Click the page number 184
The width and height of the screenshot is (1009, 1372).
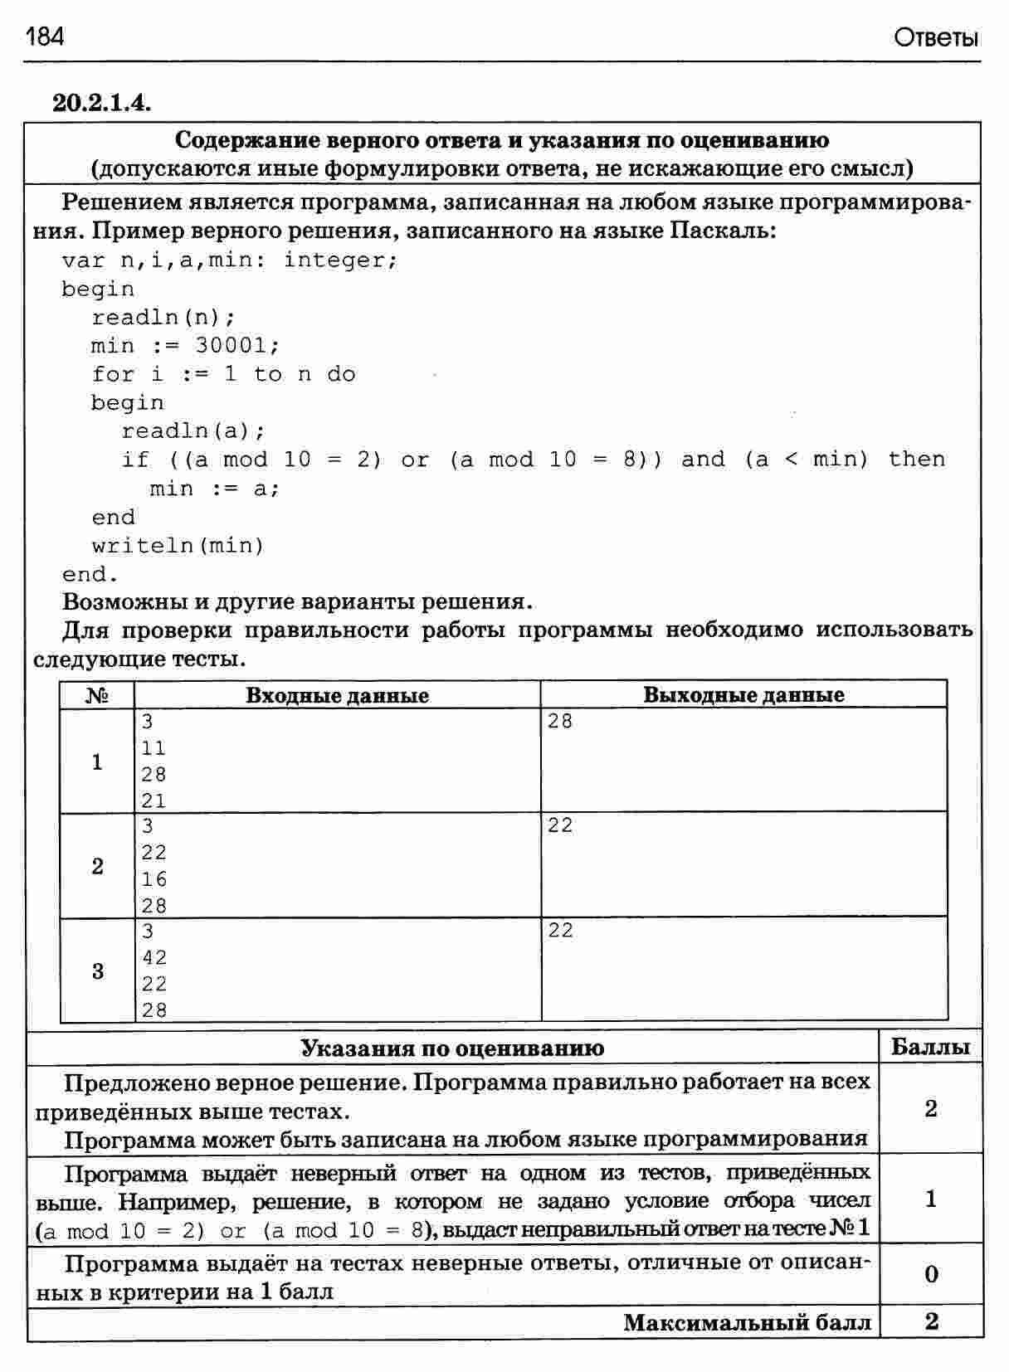pyautogui.click(x=45, y=37)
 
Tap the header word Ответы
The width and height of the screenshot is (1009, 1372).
pyautogui.click(x=936, y=38)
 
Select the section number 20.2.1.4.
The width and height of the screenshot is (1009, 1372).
pyautogui.click(x=101, y=103)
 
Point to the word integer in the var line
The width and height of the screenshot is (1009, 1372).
pyautogui.click(x=340, y=260)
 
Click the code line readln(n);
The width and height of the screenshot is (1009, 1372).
pyautogui.click(x=163, y=317)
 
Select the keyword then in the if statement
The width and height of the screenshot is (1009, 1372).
pyautogui.click(x=916, y=459)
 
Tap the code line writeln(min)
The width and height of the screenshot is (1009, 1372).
pyautogui.click(x=178, y=545)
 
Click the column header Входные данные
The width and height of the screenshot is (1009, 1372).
pyautogui.click(x=337, y=695)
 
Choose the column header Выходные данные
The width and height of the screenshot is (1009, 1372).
pyautogui.click(x=743, y=695)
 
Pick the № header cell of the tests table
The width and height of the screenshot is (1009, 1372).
pyautogui.click(x=97, y=695)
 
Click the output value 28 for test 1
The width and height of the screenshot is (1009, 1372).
pyautogui.click(x=560, y=721)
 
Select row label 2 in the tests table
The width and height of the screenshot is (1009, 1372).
pyautogui.click(x=97, y=866)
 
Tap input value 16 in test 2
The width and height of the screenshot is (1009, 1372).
pyautogui.click(x=154, y=879)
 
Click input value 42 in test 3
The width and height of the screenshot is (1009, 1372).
pyautogui.click(x=154, y=957)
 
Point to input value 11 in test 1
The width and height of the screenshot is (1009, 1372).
pyautogui.click(x=154, y=748)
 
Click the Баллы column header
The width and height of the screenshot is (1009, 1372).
pyautogui.click(x=930, y=1047)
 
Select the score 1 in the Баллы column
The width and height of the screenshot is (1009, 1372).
pyautogui.click(x=930, y=1199)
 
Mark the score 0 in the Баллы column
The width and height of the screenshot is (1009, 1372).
pyautogui.click(x=930, y=1274)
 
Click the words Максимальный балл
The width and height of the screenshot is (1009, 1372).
pyautogui.click(x=747, y=1322)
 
